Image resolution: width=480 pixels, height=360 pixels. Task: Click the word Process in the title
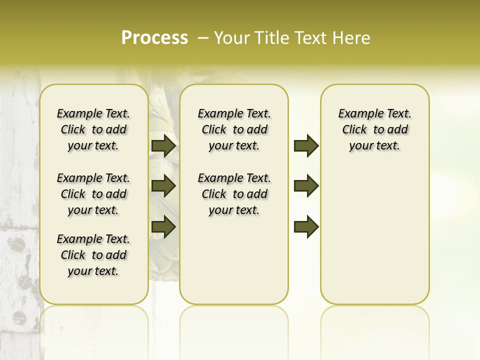154,37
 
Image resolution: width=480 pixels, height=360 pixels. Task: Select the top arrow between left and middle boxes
163,145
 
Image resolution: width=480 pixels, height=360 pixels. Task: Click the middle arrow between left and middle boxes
163,186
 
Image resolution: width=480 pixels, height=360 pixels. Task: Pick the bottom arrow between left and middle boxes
163,227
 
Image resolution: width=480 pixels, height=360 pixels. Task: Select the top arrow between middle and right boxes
306,145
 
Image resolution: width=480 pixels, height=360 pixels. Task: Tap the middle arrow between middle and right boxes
306,186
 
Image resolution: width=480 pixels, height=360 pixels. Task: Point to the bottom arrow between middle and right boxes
306,227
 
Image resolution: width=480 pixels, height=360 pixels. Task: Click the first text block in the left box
93,129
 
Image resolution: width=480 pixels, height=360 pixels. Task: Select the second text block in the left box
93,194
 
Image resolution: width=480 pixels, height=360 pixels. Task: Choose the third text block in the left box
93,255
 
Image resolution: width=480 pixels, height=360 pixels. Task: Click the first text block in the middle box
234,129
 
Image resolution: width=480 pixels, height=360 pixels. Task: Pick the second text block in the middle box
234,194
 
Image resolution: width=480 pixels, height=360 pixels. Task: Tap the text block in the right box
374,129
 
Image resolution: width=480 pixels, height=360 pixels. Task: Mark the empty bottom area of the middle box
234,265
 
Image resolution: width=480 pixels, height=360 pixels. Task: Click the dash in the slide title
202,37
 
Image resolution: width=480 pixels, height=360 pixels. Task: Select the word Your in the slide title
230,37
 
